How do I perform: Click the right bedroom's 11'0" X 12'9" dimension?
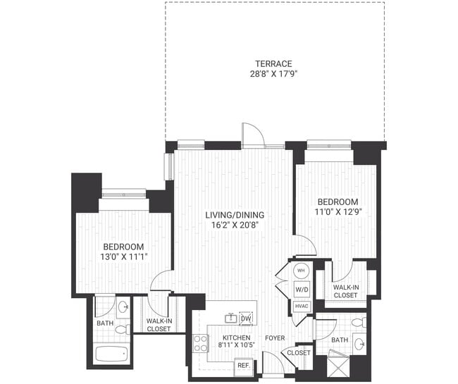click(x=337, y=211)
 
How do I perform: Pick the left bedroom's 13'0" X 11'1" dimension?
click(x=123, y=257)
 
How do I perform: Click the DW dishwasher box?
click(x=245, y=318)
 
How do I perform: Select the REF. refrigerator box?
click(x=243, y=366)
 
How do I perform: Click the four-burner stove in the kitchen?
click(x=201, y=343)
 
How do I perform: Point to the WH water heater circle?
click(x=301, y=271)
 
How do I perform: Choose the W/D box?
click(x=301, y=289)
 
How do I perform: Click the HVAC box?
click(x=301, y=306)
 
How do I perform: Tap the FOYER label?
click(x=275, y=338)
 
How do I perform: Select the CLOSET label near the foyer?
click(x=299, y=352)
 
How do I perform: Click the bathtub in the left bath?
click(x=111, y=353)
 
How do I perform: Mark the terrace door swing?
click(x=252, y=134)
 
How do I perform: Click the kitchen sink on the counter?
click(x=230, y=318)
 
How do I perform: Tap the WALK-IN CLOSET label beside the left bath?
click(x=159, y=325)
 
